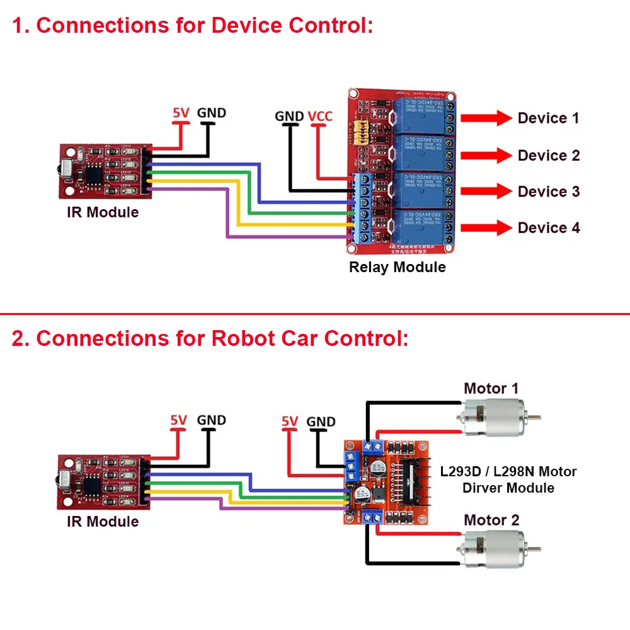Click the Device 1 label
[x=547, y=118]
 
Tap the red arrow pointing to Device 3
[x=486, y=192]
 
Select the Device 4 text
[x=548, y=227]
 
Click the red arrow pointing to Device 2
[x=486, y=155]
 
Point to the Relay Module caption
[x=397, y=267]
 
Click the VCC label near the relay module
[x=320, y=117]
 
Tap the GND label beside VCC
[x=289, y=117]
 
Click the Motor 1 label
[x=491, y=389]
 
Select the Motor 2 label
[x=491, y=520]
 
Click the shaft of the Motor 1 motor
[x=533, y=418]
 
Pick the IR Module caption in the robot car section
[x=103, y=522]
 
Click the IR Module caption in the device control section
[x=103, y=212]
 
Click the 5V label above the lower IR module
[x=179, y=420]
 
